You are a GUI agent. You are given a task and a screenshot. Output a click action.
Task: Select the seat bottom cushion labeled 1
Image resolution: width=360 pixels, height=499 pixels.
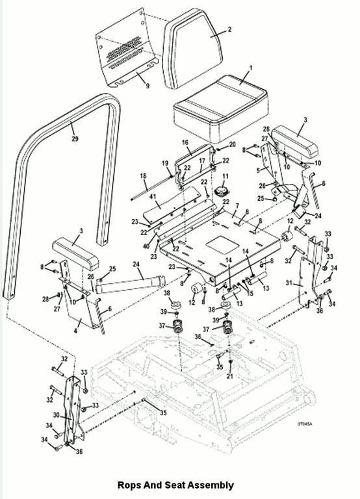tap(220, 109)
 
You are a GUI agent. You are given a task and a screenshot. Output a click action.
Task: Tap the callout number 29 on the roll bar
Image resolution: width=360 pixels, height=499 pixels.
tap(75, 139)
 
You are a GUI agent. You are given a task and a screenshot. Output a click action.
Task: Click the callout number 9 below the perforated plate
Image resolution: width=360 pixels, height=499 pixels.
tap(148, 86)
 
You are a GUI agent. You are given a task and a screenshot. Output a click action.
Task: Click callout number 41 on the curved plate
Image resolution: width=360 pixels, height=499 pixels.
tap(153, 196)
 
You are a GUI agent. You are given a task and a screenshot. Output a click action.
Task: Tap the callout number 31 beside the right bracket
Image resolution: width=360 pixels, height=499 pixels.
tap(289, 283)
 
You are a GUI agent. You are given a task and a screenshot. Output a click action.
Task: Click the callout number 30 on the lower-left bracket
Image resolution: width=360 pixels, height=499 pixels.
tap(57, 415)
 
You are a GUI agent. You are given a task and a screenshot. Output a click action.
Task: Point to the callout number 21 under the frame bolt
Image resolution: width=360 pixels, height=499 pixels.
tap(230, 376)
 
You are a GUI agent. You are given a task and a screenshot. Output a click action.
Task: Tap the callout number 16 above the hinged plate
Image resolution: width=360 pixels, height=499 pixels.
tap(185, 142)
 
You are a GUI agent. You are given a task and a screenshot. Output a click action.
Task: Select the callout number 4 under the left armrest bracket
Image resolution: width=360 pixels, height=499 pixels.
tap(75, 331)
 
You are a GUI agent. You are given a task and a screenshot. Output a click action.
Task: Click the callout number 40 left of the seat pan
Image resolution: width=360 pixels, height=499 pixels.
tap(146, 246)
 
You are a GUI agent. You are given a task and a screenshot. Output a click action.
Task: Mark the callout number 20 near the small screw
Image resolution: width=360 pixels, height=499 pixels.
tap(233, 144)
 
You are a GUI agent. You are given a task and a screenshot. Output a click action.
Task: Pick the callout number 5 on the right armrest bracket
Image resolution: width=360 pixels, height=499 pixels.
tap(258, 171)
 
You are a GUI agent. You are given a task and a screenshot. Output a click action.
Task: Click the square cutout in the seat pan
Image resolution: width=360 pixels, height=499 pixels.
tap(222, 245)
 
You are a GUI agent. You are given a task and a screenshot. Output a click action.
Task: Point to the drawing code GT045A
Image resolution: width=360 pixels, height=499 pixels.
tap(305, 424)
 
